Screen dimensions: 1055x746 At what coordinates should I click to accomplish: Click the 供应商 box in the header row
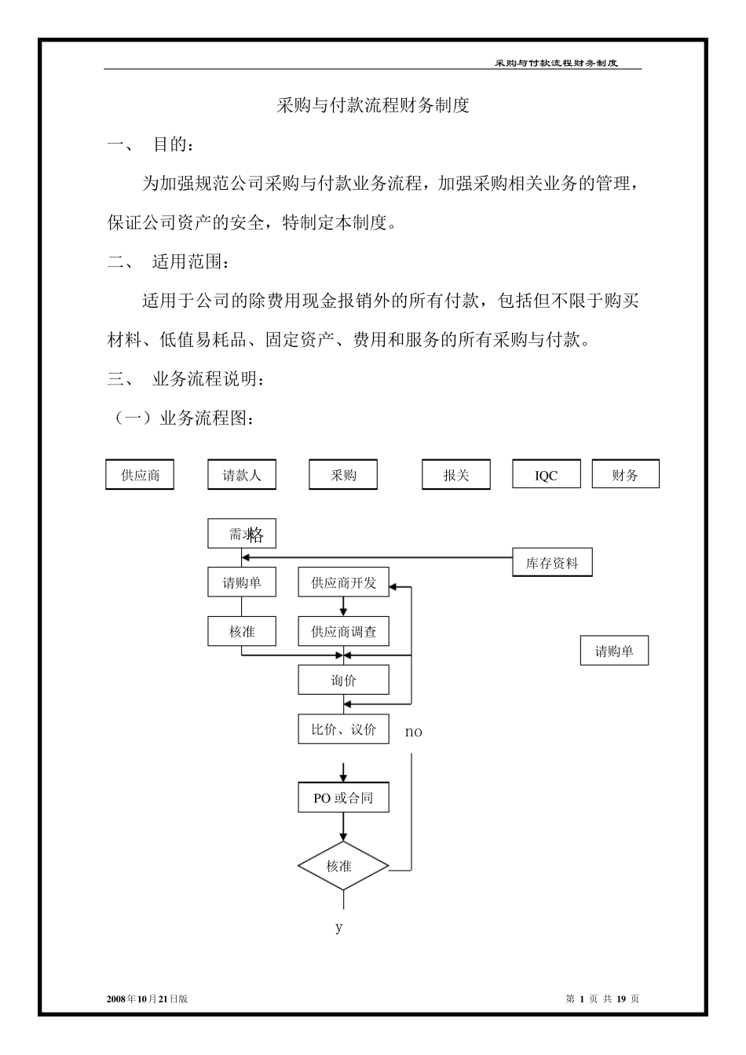coord(140,475)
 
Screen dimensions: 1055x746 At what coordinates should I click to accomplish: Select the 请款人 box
coord(242,475)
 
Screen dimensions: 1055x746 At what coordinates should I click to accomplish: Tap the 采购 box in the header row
coord(343,475)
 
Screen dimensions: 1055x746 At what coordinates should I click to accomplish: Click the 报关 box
coord(456,475)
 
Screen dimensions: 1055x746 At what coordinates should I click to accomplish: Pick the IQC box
coord(547,475)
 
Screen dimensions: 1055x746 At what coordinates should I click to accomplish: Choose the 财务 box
coord(625,475)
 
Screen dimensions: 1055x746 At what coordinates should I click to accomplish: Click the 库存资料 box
coord(552,563)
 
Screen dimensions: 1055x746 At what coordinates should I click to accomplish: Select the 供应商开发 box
coord(343,583)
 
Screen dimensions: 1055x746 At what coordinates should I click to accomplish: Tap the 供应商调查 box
coord(343,631)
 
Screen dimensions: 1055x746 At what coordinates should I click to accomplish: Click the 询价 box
coord(343,680)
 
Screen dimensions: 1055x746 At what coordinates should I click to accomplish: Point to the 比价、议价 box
coord(343,729)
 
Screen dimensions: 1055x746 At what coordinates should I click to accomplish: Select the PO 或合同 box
coord(343,798)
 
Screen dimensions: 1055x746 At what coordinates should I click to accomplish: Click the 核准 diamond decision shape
coord(343,867)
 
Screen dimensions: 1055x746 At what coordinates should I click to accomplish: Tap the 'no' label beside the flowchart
coord(414,732)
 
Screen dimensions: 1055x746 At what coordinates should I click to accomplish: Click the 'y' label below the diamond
coord(339,927)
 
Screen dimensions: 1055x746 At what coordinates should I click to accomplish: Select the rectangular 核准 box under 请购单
coord(242,631)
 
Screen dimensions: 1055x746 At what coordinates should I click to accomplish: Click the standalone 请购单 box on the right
coord(614,651)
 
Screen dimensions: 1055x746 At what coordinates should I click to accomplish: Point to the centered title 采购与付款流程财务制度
coord(373,106)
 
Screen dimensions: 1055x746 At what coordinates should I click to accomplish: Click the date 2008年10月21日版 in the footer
coord(147,999)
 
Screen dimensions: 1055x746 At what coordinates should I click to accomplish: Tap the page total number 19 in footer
coord(621,999)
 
